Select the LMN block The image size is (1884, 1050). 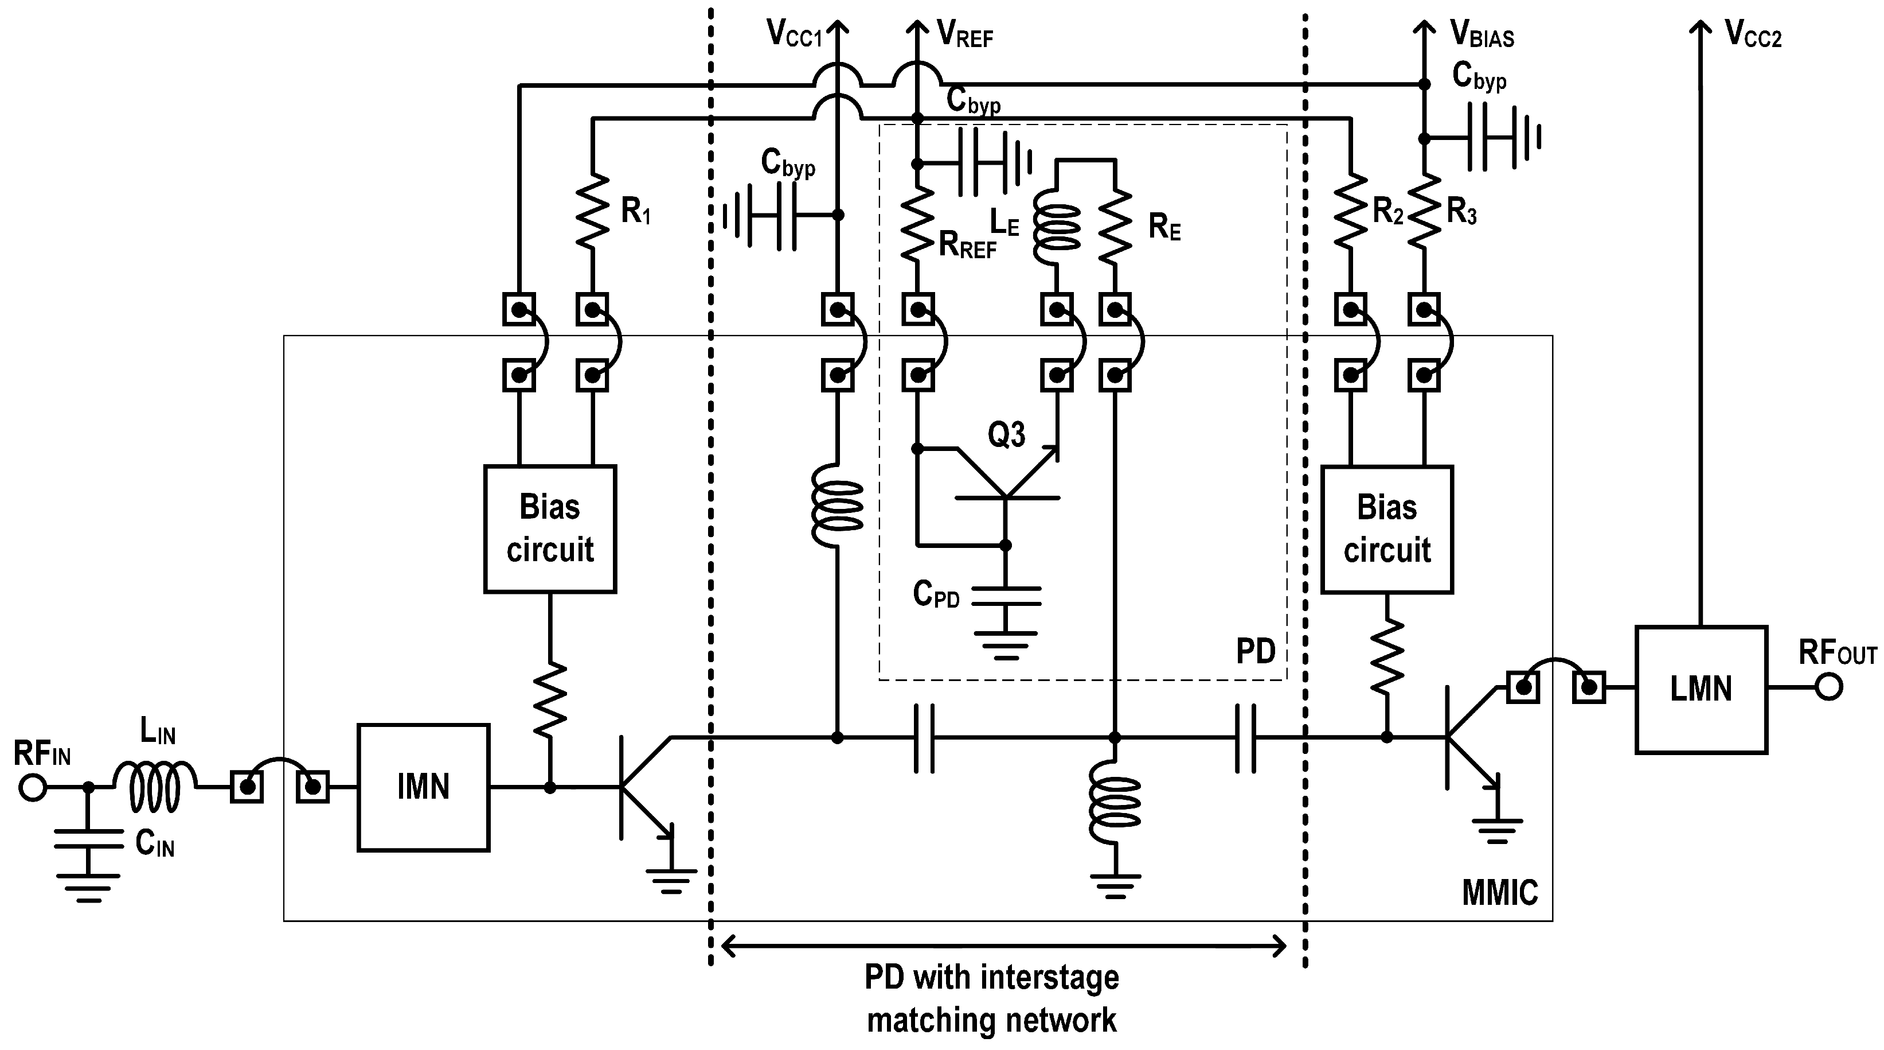click(x=1701, y=689)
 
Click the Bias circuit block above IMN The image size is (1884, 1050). click(x=549, y=528)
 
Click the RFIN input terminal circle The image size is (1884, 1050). click(x=33, y=788)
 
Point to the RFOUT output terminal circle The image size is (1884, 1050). click(x=1828, y=687)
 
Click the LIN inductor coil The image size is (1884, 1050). click(x=155, y=788)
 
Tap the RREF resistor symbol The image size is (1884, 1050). click(x=917, y=223)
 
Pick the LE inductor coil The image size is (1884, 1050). click(x=1056, y=227)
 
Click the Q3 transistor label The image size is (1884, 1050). click(x=1006, y=435)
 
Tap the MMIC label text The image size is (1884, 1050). click(x=1499, y=893)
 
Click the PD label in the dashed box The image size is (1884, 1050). click(x=1255, y=651)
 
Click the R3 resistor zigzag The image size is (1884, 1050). click(x=1423, y=212)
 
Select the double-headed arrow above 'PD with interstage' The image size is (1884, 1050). click(x=1003, y=946)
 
